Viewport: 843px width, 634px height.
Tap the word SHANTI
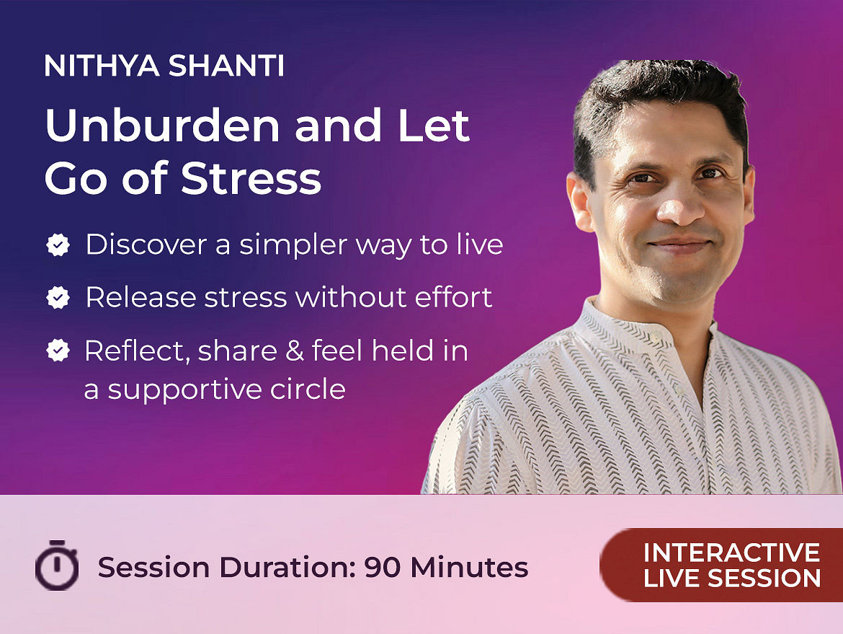226,66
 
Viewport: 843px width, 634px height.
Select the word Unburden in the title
162,125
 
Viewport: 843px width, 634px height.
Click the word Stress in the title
251,177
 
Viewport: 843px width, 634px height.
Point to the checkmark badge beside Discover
58,245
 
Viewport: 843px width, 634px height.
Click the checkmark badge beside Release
58,297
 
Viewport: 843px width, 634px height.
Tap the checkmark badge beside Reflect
58,351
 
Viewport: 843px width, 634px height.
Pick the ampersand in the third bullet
294,351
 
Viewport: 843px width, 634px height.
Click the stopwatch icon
57,565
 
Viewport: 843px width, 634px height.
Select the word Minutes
469,567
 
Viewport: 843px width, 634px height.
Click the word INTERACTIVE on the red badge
732,552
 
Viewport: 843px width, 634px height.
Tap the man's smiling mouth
679,245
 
